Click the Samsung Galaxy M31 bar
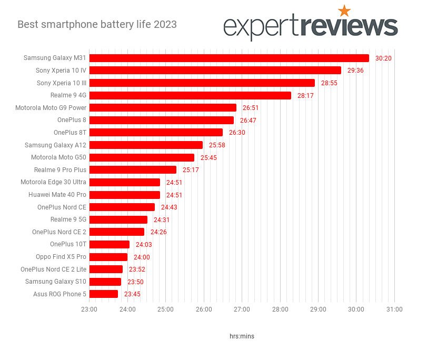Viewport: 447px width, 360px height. [229, 58]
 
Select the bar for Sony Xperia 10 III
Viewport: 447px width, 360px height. [202, 83]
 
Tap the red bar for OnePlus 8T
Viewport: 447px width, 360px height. [156, 132]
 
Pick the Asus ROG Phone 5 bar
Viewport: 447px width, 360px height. [104, 294]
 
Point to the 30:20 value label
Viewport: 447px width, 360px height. [383, 58]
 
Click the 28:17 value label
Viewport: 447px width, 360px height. [305, 96]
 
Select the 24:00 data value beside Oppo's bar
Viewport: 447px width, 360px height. [142, 257]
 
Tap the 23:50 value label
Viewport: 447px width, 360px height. [135, 282]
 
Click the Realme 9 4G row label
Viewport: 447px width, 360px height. [68, 95]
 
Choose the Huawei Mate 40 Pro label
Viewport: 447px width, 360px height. [57, 195]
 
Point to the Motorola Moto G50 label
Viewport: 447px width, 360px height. [58, 157]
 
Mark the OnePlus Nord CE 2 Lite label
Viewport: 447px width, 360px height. [53, 269]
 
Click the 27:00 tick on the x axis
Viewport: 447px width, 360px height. [242, 309]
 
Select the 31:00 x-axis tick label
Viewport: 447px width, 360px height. [394, 309]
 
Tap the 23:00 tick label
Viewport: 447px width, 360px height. [89, 309]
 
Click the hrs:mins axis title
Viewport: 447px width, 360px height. [242, 336]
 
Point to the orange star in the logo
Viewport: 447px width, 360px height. [344, 11]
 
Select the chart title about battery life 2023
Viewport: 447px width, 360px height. [97, 24]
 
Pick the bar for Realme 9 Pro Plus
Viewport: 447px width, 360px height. [133, 169]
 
